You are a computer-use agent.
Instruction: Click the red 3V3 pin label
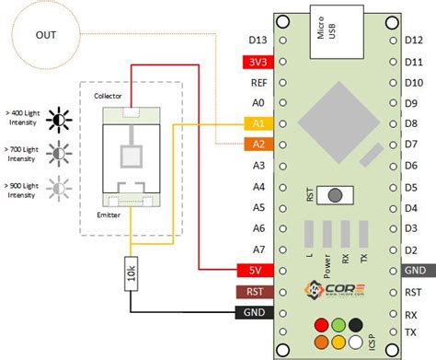click(x=258, y=63)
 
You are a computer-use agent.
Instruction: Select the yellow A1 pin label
click(x=258, y=122)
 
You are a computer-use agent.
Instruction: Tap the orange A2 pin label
click(x=258, y=144)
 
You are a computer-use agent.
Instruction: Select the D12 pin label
click(x=414, y=41)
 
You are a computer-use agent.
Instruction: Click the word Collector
click(x=109, y=96)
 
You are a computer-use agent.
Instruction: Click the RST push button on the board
click(x=340, y=195)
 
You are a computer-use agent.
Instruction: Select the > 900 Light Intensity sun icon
click(x=60, y=191)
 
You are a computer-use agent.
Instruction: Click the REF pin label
click(x=258, y=83)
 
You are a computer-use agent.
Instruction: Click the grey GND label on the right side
click(x=414, y=270)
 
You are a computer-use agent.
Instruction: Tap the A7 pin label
click(x=258, y=250)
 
